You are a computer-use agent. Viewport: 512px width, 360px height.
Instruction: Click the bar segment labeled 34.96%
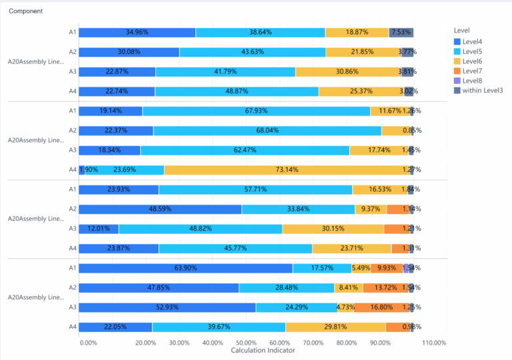pos(137,32)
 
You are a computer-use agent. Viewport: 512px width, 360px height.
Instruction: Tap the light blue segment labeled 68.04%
pos(267,131)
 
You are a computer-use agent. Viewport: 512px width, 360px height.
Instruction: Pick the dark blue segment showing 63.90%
pos(185,268)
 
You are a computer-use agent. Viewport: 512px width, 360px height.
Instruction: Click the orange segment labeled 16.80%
pos(381,307)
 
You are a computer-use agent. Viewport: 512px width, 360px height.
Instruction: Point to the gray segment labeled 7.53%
pos(401,32)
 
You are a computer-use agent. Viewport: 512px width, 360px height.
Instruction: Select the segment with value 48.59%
pos(160,209)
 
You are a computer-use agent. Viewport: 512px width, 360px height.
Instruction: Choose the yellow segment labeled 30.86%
pos(347,71)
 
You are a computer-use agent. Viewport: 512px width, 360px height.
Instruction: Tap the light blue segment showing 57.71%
pos(255,189)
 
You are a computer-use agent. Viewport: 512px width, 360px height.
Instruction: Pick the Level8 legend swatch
pos(457,80)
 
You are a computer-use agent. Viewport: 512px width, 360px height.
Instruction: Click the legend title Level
pos(461,31)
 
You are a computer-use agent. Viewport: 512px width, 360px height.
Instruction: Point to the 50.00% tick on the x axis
pos(246,343)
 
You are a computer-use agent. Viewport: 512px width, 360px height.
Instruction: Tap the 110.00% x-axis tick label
pos(434,343)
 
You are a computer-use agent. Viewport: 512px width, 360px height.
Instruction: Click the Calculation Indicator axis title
pos(263,351)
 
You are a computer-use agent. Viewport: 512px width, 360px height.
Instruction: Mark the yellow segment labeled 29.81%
pos(335,327)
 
